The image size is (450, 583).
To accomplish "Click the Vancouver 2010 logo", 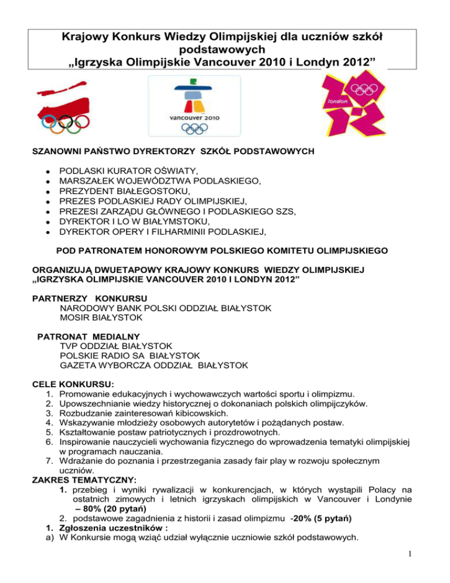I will [x=193, y=106].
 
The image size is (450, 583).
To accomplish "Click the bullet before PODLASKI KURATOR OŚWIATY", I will [x=37, y=170].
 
